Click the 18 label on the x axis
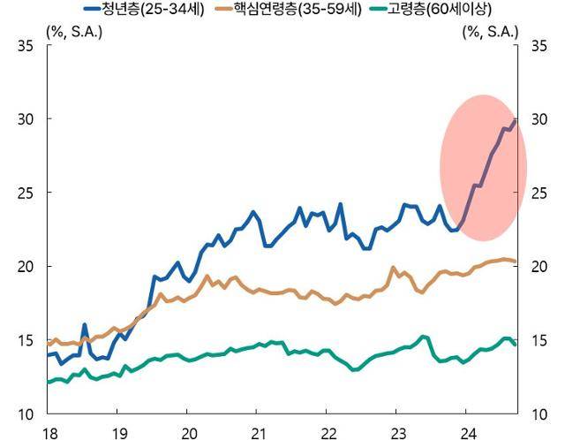pos(49,431)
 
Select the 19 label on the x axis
pos(119,431)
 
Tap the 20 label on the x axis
pos(189,431)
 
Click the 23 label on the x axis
pos(398,431)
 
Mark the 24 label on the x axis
pos(468,431)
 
